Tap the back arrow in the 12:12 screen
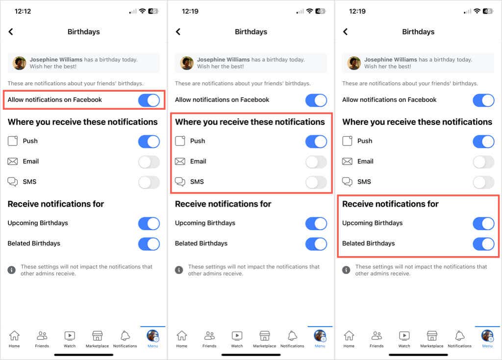(x=11, y=32)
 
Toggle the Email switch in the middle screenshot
(x=316, y=162)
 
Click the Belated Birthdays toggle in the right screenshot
(x=483, y=244)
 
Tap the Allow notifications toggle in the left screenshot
(x=149, y=100)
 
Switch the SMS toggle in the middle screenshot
(x=316, y=182)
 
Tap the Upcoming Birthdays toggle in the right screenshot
(x=483, y=223)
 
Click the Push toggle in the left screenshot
(x=149, y=142)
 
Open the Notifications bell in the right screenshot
(x=460, y=336)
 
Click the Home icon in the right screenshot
(x=349, y=336)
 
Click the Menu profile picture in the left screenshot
(x=153, y=336)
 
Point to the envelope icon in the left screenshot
(x=12, y=161)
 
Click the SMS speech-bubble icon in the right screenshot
(x=348, y=182)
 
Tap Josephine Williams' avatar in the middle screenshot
(x=187, y=63)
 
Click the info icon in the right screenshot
(x=346, y=270)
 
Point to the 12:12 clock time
(x=23, y=11)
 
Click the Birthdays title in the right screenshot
(x=418, y=32)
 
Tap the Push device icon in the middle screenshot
(x=180, y=141)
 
